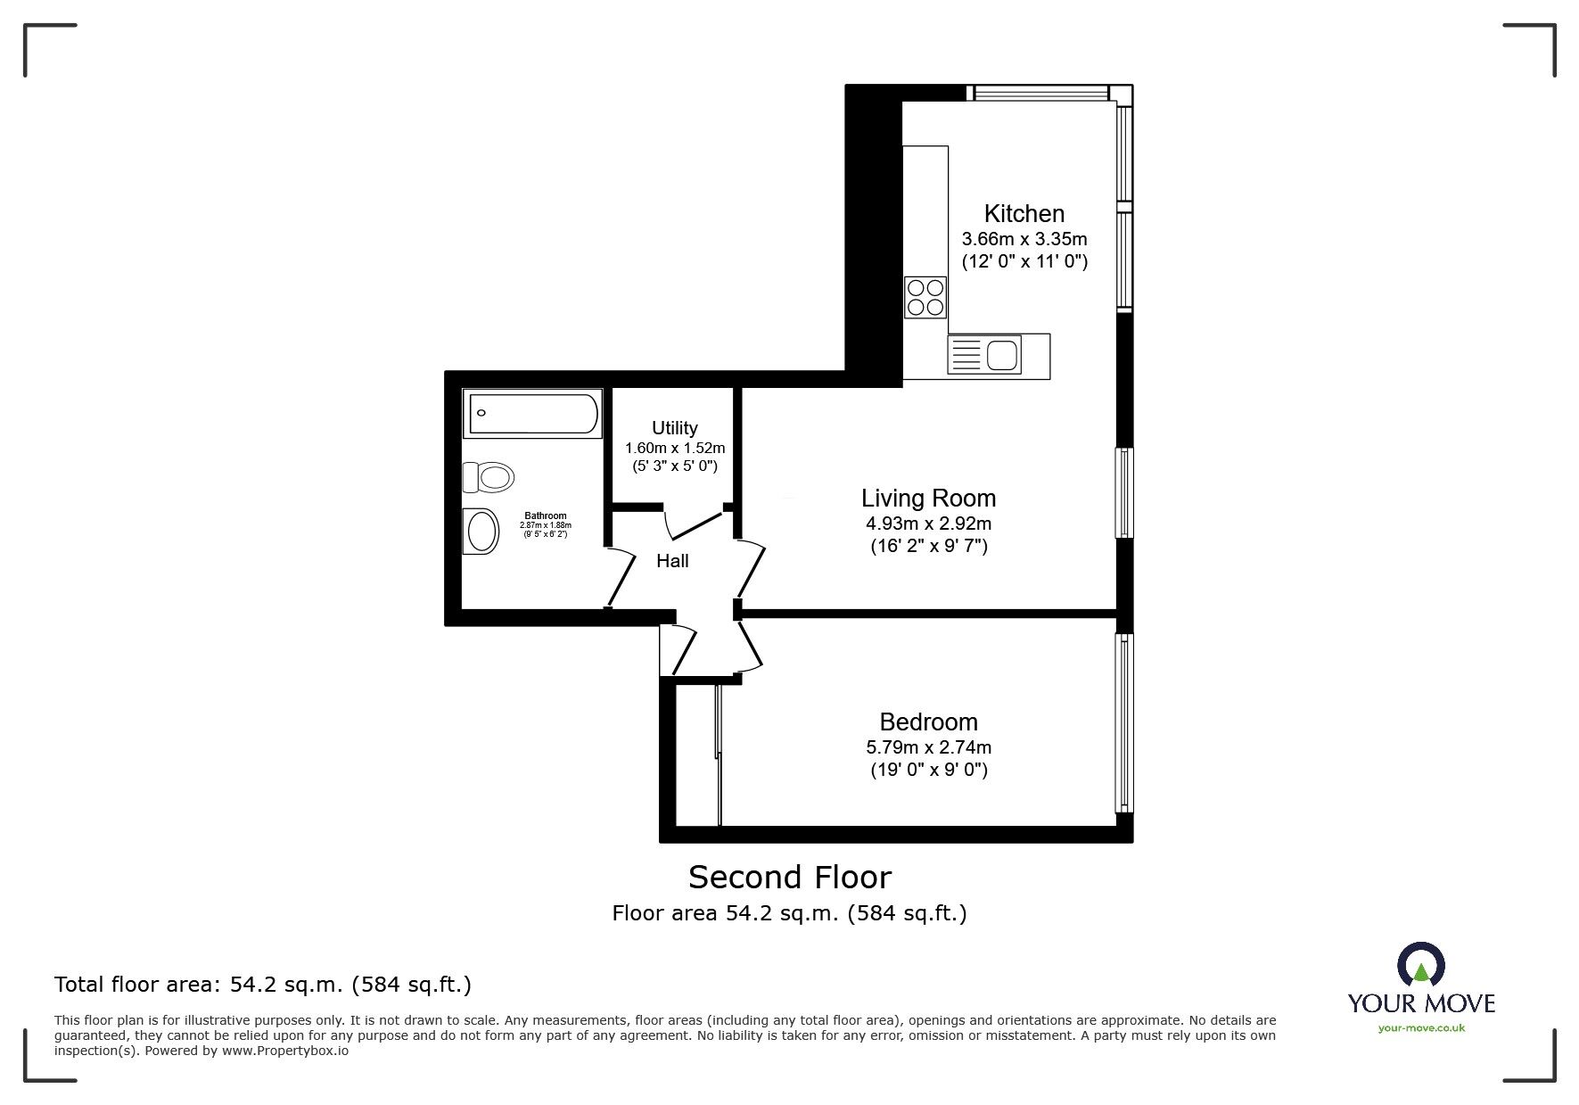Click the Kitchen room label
coord(1024,214)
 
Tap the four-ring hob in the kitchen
coord(925,298)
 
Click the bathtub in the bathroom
coord(533,415)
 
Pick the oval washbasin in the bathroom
coord(481,532)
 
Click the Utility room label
coord(674,428)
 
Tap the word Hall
coord(672,561)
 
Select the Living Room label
coord(928,498)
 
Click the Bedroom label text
coord(928,722)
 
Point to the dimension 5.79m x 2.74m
coord(928,747)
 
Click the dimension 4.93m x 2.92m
coord(928,524)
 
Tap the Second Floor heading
coord(789,878)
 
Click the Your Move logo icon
coord(1420,966)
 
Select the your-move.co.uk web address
coord(1421,1028)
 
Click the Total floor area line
coord(263,985)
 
